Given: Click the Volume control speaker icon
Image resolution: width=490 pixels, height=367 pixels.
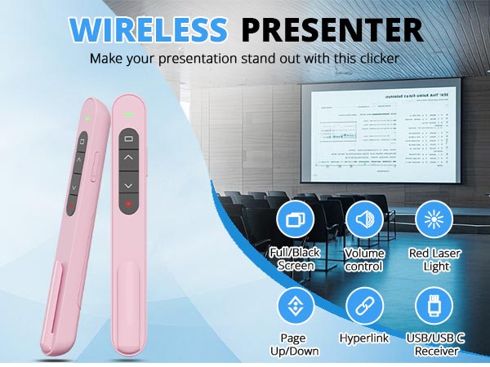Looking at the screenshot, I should click(x=364, y=220).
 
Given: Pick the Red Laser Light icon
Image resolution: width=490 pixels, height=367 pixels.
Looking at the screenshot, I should click(x=434, y=220).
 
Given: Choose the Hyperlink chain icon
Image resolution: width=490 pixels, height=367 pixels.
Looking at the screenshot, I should click(x=364, y=307).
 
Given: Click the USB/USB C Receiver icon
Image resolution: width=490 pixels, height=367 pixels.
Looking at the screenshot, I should click(x=434, y=307).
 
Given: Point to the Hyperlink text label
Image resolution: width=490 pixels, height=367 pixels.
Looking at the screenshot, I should click(x=364, y=337).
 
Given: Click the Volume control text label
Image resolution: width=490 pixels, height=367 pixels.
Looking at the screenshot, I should click(x=364, y=259).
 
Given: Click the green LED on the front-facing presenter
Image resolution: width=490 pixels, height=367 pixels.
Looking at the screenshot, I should click(x=128, y=114).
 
